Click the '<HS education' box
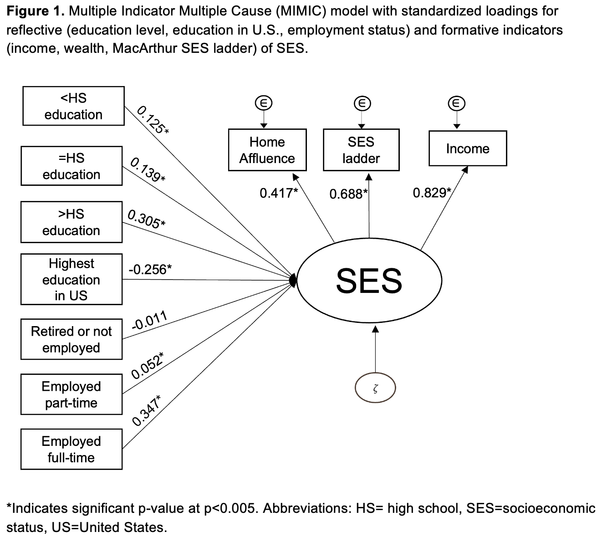pos(73,106)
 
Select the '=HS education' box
pos(71,166)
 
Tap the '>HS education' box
pos(71,222)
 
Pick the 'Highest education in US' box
pos(71,279)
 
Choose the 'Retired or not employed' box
pos(71,339)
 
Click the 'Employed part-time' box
pos(71,394)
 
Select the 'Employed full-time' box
pos(71,449)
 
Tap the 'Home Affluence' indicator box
pos(267,150)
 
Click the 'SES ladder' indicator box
pos(361,150)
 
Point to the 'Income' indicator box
pos(468,148)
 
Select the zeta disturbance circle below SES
pos(375,389)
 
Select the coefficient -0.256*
pos(150,269)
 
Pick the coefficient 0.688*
pos(348,194)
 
